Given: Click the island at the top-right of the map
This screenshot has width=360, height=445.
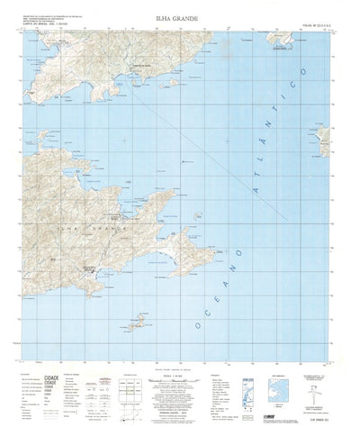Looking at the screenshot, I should pyautogui.click(x=284, y=42).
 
